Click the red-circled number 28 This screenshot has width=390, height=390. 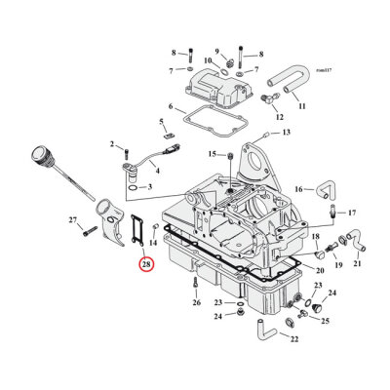[x=145, y=264]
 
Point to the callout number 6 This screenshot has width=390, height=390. [x=171, y=106]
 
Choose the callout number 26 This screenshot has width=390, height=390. [x=196, y=302]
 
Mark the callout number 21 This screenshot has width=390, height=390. [x=358, y=264]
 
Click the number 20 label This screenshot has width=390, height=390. [x=321, y=268]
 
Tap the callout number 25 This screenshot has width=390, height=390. [x=325, y=320]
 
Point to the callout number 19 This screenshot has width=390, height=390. [x=337, y=264]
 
